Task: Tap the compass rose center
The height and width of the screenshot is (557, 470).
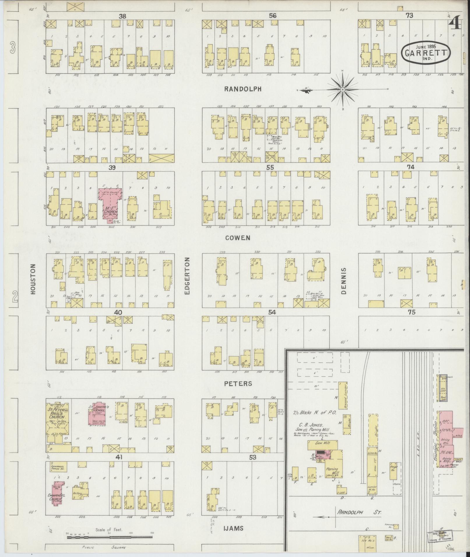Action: (x=343, y=90)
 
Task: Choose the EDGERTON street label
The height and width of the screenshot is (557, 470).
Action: (x=187, y=275)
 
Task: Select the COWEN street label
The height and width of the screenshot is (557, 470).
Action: (x=238, y=238)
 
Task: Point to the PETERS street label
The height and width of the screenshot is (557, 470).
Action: (x=238, y=384)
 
